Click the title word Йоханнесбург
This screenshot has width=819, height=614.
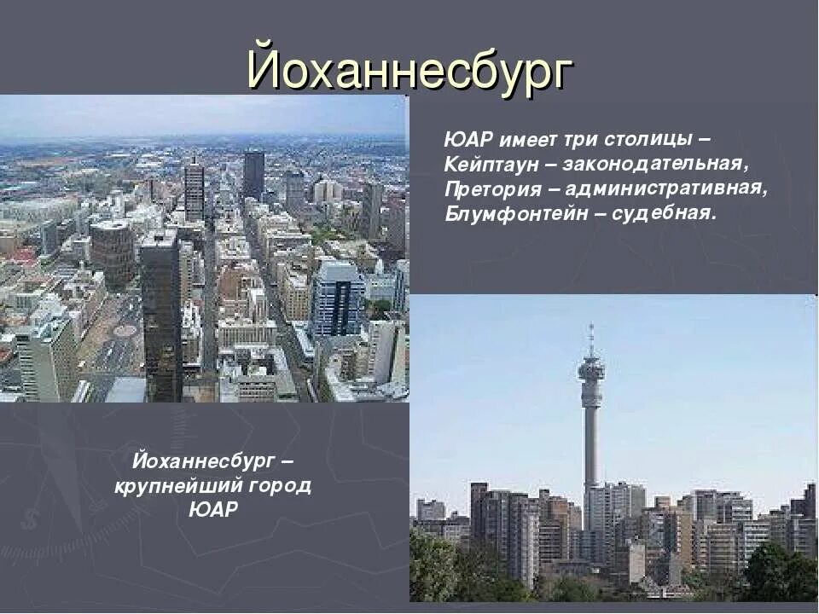tap(409, 69)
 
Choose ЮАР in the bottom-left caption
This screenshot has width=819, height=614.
tap(213, 510)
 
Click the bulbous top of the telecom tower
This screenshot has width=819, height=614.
tap(590, 370)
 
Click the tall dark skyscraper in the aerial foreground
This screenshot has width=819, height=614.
tap(160, 316)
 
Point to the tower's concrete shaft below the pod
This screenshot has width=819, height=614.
tap(590, 443)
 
